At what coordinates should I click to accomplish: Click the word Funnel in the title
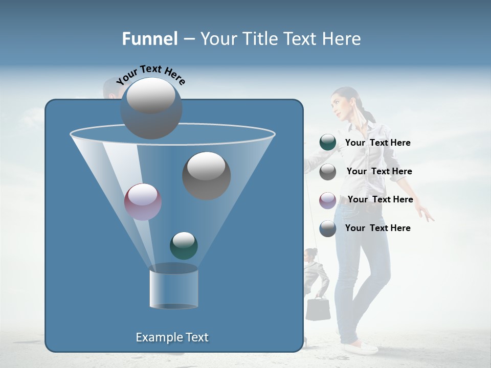149,39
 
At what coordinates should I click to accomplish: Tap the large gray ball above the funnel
151,108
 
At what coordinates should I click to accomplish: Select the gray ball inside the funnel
206,175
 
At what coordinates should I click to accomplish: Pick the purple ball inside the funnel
143,202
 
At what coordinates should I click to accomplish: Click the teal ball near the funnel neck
184,245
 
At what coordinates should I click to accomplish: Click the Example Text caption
172,337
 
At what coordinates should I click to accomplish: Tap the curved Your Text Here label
151,74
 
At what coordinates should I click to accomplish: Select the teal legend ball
328,143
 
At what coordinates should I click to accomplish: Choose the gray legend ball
328,172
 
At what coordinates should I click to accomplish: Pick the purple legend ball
328,200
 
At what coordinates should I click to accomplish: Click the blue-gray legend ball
328,228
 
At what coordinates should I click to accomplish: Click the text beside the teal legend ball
377,143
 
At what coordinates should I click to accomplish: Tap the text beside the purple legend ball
380,199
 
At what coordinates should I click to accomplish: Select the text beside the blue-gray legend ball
377,228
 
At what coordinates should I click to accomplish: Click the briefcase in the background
318,309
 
